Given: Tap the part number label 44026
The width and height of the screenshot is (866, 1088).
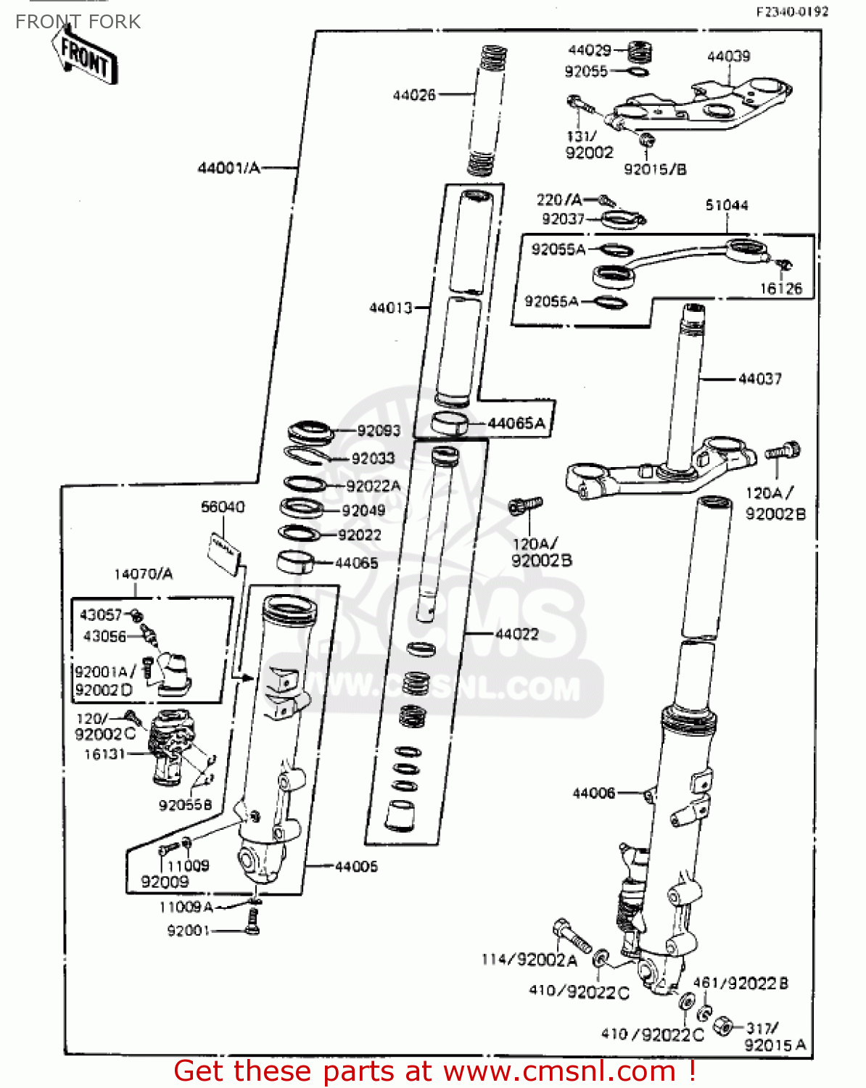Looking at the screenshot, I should click(x=414, y=95).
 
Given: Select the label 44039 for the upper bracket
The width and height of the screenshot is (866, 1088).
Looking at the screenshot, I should click(x=728, y=57).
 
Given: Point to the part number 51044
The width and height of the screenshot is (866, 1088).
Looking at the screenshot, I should click(x=727, y=205).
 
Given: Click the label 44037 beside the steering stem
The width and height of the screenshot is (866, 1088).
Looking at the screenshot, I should click(x=759, y=379).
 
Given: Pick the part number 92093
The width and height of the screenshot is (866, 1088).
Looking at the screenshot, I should click(x=379, y=431).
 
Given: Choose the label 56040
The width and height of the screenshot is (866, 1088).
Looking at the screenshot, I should click(x=223, y=507).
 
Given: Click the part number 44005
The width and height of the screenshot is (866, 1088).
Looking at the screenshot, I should click(x=356, y=867).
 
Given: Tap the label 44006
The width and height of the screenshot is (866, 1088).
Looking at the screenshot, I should click(x=593, y=794).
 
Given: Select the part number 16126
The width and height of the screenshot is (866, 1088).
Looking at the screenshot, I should click(x=781, y=289).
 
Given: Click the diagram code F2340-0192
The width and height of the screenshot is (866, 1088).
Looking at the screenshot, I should click(x=792, y=12).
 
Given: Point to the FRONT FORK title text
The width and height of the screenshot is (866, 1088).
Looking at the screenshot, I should click(x=78, y=22).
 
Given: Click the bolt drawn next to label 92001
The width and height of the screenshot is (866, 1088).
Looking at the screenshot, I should click(x=252, y=922).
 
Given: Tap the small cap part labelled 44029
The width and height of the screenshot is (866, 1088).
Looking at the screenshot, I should click(x=639, y=51).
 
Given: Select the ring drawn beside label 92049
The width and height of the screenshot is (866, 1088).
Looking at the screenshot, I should click(x=302, y=508).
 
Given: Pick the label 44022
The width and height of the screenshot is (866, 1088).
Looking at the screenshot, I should click(x=516, y=635).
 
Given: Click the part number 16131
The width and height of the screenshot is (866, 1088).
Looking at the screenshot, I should click(x=104, y=754).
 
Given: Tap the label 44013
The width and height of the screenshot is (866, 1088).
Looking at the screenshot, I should click(x=390, y=308).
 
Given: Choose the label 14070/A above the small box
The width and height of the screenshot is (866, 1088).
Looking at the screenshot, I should click(x=144, y=574).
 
